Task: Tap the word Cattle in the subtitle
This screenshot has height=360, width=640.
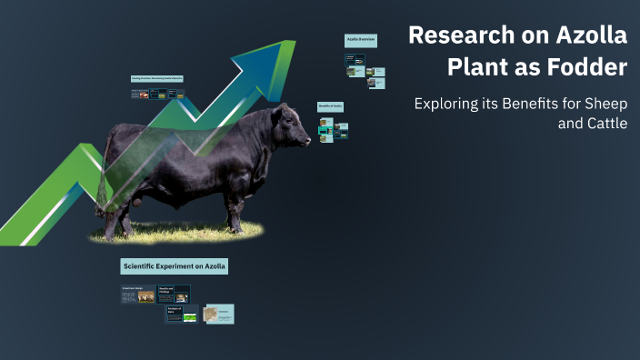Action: [602, 124]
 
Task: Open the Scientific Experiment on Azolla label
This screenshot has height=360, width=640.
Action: [174, 266]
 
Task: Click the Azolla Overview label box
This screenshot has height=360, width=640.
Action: [361, 40]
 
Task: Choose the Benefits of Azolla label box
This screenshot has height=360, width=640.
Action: [330, 106]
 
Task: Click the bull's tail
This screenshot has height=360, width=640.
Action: [103, 173]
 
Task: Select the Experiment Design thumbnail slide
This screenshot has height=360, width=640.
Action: [138, 295]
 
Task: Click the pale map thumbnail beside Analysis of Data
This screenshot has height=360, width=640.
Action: [218, 314]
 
